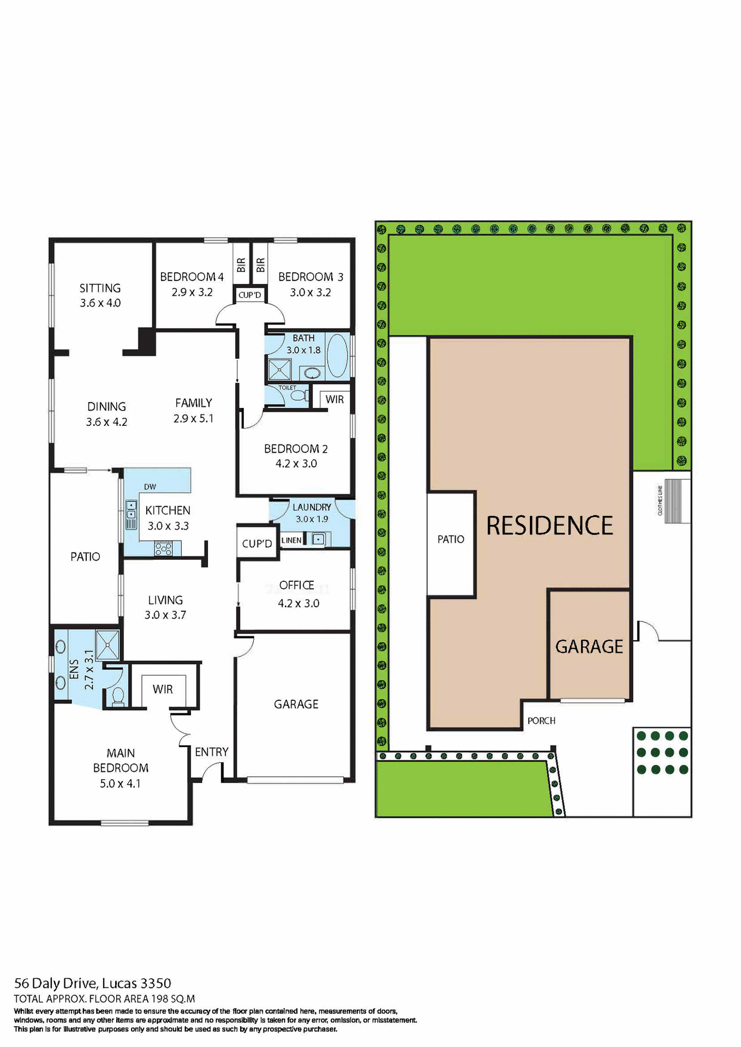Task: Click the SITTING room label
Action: pos(100,288)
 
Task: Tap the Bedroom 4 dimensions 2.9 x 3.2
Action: pos(192,292)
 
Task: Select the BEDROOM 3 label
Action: pos(310,277)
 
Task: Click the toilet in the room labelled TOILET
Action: pos(298,395)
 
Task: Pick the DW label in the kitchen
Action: pos(150,486)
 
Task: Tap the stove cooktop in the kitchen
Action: pos(163,548)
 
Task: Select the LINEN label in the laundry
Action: pos(291,540)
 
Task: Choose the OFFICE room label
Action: pos(296,585)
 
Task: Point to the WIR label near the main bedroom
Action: pos(163,689)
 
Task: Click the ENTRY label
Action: pos(212,752)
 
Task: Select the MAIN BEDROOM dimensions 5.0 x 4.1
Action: pos(120,784)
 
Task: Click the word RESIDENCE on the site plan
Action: pos(549,526)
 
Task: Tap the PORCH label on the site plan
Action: pos(541,721)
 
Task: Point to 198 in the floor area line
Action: pos(158,999)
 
